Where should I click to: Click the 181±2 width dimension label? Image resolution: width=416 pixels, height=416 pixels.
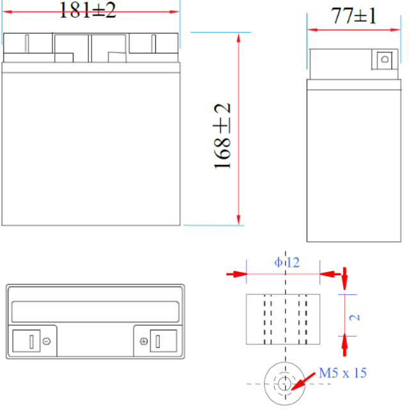[88, 10]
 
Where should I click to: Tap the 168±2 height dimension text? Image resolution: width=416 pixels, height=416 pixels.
[222, 136]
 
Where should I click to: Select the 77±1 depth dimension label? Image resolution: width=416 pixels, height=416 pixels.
[354, 15]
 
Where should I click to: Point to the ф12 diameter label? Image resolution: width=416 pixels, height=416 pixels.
[287, 262]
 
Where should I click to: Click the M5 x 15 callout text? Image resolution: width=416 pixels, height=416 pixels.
[343, 372]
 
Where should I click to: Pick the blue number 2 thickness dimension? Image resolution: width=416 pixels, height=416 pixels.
[355, 317]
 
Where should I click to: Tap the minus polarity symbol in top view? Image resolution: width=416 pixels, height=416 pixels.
[47, 341]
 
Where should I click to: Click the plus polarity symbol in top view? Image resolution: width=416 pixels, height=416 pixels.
[143, 341]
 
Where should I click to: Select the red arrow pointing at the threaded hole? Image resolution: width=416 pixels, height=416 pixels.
[303, 381]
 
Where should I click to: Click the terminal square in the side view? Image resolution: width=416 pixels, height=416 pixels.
[385, 59]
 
